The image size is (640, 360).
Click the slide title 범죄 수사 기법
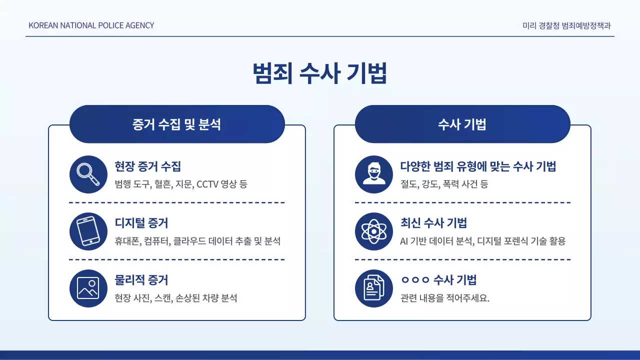pos(320,73)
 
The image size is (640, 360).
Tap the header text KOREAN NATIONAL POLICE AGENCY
pos(91,25)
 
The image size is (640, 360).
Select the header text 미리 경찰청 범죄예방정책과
pos(566,25)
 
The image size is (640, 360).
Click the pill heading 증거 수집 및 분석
pos(176,124)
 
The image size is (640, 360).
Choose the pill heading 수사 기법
pos(462,124)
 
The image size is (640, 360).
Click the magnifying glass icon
pos(88,174)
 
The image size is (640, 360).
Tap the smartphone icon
pos(88,231)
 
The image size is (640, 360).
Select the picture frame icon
pos(88,288)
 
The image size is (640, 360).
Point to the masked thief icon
pos(373,174)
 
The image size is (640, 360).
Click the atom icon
pos(373,231)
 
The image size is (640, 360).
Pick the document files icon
pos(373,288)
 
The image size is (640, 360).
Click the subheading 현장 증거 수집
pos(147,166)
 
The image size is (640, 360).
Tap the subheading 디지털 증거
pos(141,223)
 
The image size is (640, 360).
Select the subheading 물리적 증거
pos(141,280)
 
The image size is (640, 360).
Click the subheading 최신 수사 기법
pos(433,223)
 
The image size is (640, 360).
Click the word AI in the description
pos(404,241)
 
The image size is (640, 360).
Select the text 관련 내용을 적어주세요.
pos(445,298)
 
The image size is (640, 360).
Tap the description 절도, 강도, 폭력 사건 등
pos(444,184)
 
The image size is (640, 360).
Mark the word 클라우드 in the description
pos(186,241)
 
